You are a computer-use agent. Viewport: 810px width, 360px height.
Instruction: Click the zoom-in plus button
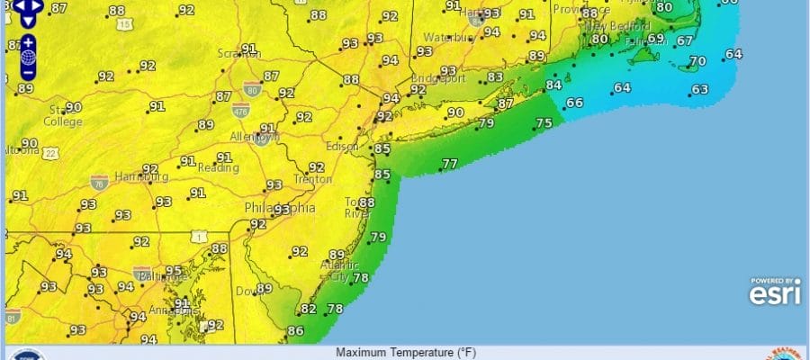coord(29,42)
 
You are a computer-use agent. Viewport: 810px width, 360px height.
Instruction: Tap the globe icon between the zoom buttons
coord(29,57)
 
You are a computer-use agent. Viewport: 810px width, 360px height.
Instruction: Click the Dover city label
coord(245,290)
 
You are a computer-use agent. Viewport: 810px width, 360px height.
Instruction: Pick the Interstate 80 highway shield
coord(252,87)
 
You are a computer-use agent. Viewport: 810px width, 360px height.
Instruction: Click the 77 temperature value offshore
coord(449,164)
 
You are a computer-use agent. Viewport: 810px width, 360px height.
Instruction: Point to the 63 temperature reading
coord(700,89)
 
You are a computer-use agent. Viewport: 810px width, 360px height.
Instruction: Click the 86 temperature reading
coord(295,330)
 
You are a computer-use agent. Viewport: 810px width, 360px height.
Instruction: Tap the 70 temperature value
coord(697,61)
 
